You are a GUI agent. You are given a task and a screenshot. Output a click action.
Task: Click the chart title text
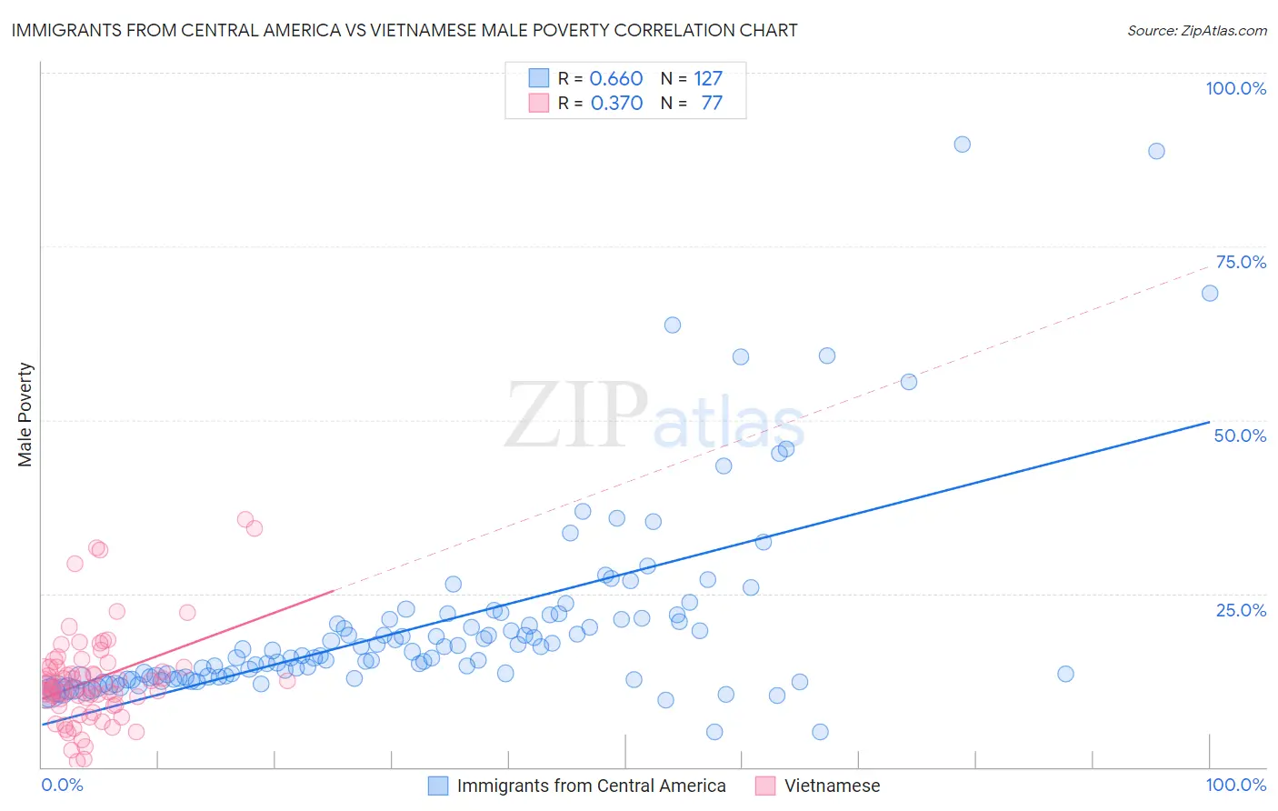click(x=404, y=30)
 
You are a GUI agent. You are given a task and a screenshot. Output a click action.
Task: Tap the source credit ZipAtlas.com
click(x=1196, y=30)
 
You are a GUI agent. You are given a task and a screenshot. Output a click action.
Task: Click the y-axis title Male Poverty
click(x=25, y=415)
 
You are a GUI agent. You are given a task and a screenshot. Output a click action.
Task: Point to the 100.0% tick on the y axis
click(x=1235, y=88)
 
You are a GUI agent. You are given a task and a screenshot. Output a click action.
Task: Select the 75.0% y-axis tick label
click(x=1241, y=262)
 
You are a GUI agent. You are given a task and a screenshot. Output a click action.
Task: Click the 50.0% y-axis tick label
click(x=1240, y=436)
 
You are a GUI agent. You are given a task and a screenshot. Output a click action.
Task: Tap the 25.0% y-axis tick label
click(x=1241, y=610)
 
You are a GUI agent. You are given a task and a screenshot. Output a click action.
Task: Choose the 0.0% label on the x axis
click(x=62, y=785)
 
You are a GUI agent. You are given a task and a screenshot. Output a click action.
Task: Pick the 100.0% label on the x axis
click(x=1235, y=785)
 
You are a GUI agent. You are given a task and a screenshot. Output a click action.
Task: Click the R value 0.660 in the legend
click(x=616, y=79)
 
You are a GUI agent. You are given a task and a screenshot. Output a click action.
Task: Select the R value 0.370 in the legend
click(x=616, y=104)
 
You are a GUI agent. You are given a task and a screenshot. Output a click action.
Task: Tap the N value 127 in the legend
click(x=708, y=79)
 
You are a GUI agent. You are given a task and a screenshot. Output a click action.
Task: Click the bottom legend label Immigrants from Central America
click(x=591, y=786)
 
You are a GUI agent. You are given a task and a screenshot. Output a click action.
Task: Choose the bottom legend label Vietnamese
click(x=832, y=786)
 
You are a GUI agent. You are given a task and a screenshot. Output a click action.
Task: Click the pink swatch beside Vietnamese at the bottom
click(x=765, y=786)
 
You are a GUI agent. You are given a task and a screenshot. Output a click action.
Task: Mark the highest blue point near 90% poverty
click(x=962, y=145)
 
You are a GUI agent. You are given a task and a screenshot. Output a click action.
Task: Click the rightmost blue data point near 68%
click(x=1210, y=293)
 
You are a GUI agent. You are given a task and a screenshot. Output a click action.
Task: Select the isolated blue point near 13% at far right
click(x=1065, y=674)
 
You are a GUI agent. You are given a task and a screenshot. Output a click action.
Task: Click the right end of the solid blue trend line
click(x=1209, y=422)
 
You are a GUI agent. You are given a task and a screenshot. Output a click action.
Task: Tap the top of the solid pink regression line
click(x=334, y=590)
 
